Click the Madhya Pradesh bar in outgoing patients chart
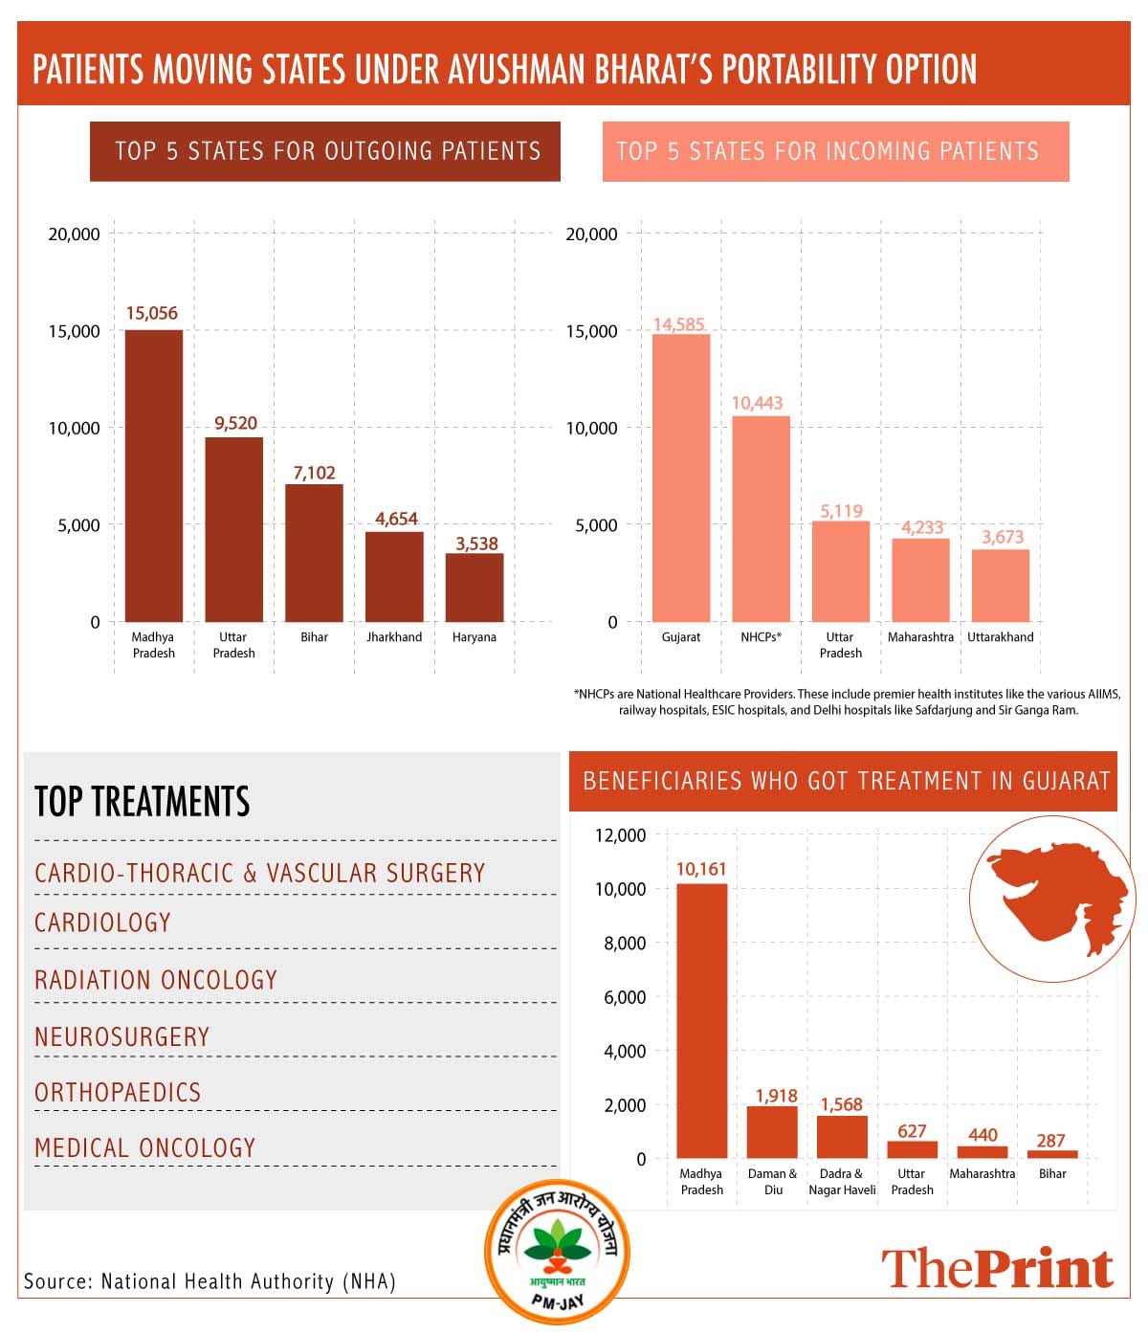[154, 476]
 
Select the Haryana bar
[475, 588]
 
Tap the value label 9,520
[235, 423]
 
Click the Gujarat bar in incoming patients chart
[681, 478]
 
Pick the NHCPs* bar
[761, 519]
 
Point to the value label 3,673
[1002, 537]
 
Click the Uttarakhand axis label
[1001, 637]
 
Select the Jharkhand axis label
[394, 637]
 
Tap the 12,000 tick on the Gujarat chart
[620, 835]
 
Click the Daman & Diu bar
[772, 1132]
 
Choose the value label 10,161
[701, 869]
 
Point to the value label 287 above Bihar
[1050, 1141]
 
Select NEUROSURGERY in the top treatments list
[121, 1036]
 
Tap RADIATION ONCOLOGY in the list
[156, 980]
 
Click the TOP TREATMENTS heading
[143, 802]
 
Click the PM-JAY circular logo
[556, 1252]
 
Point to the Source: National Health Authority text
[210, 1281]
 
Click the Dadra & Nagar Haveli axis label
[842, 1182]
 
